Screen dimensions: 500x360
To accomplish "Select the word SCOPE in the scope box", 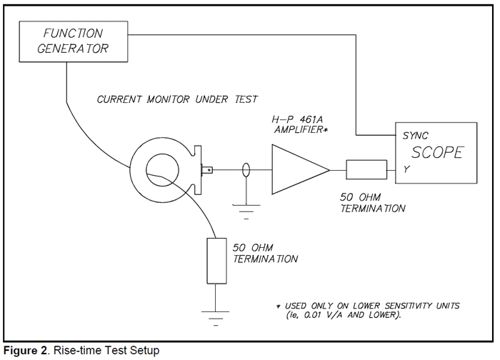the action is [x=436, y=153].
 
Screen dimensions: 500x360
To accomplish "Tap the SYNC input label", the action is [x=415, y=136].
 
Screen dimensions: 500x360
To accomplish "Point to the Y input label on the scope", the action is [x=406, y=169].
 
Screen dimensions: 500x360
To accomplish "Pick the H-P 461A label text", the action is [x=297, y=119].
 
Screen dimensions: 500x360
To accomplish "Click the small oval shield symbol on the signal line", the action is [x=246, y=169].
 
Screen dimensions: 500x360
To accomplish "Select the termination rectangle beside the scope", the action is [x=366, y=169].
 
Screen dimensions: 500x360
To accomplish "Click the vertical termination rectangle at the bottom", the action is [x=216, y=261].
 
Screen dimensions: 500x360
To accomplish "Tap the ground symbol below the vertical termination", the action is [x=215, y=318].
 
